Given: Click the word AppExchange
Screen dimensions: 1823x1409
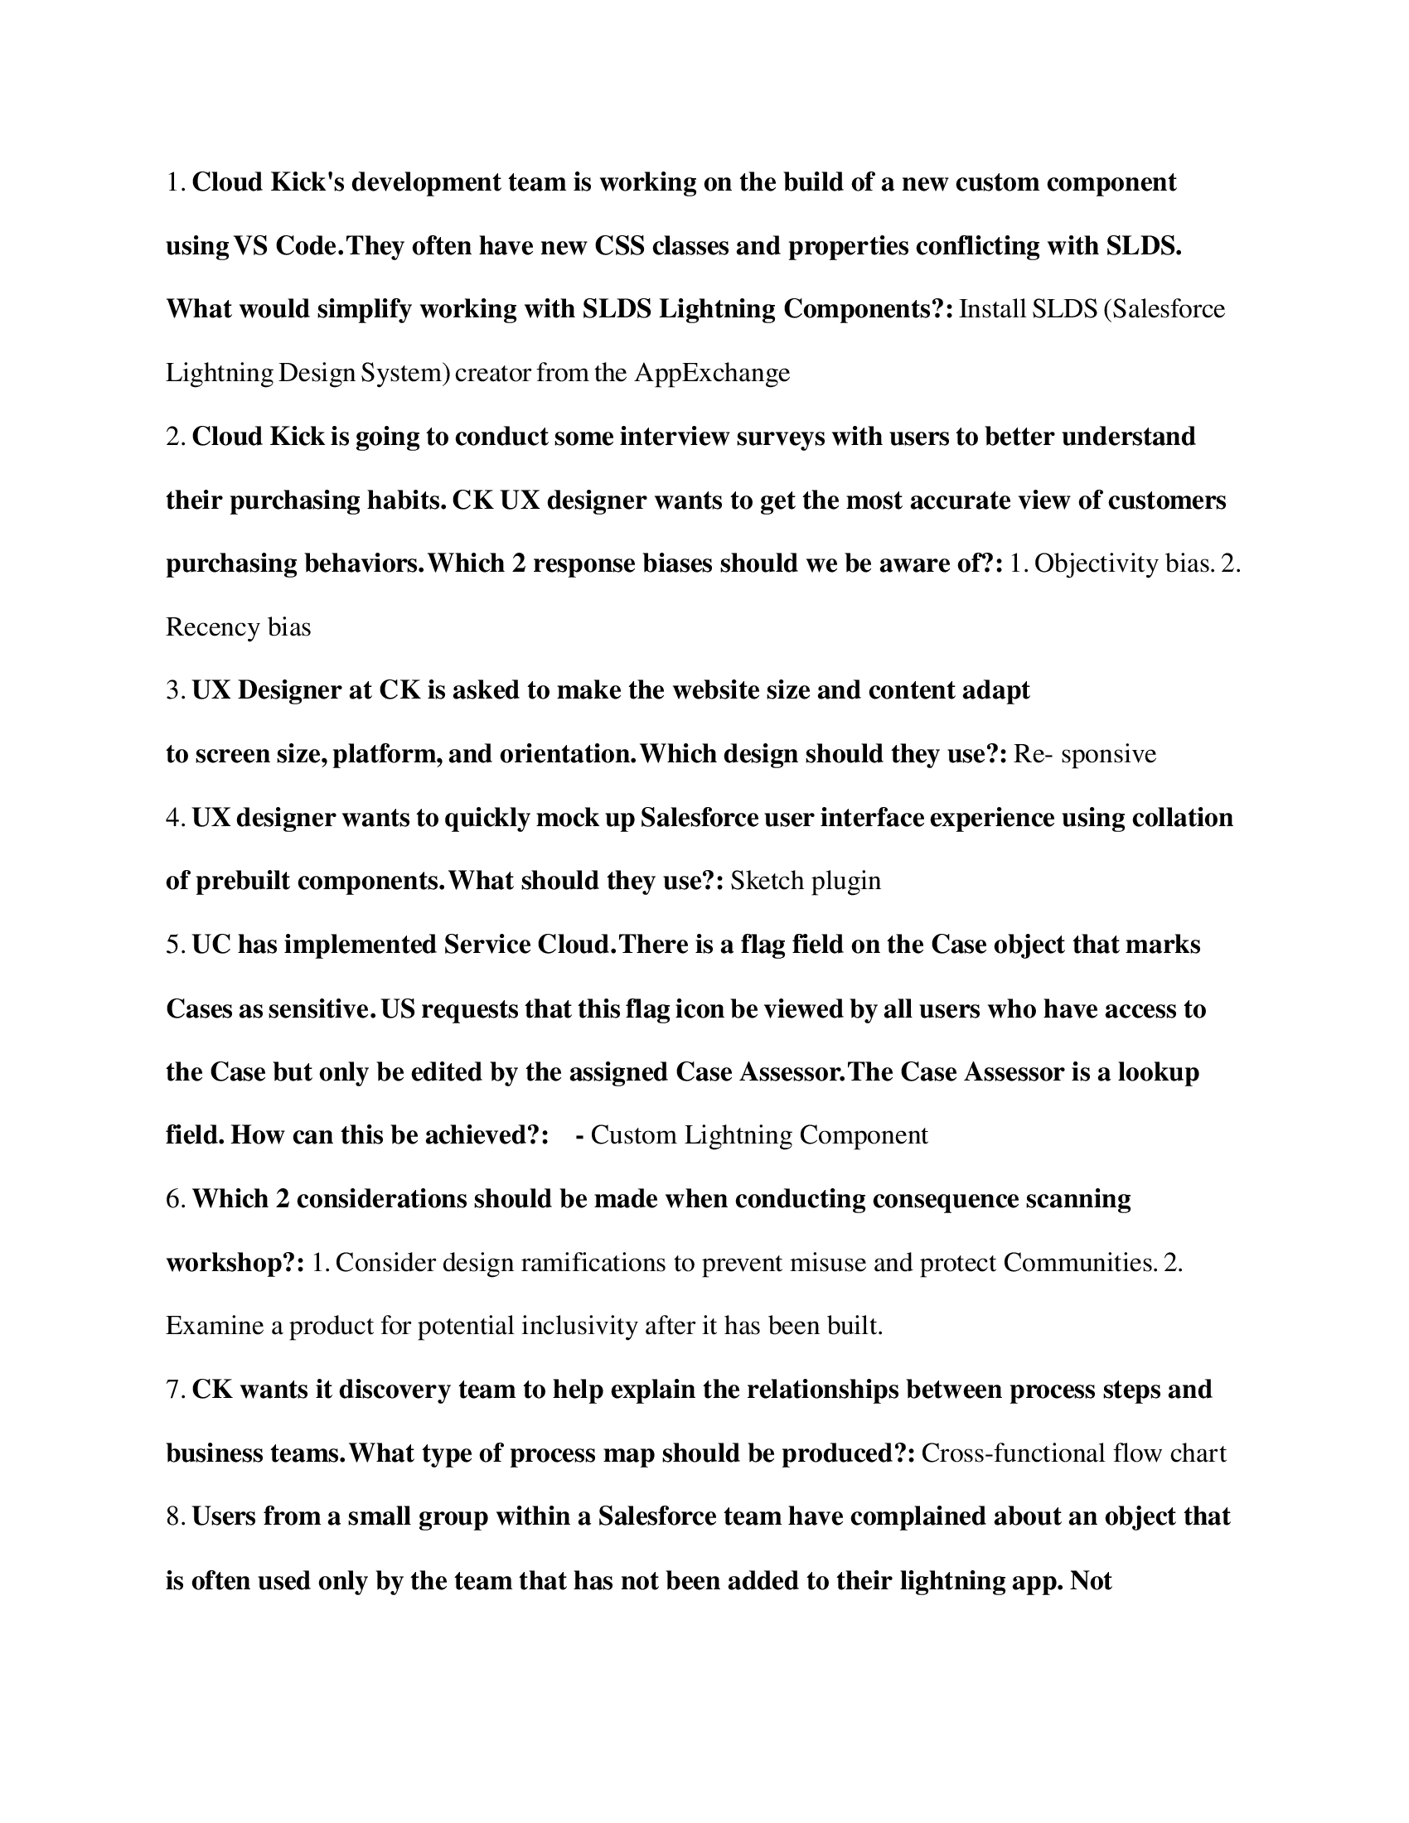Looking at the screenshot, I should tap(712, 372).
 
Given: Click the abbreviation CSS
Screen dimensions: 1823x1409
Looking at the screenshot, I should tap(619, 245).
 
